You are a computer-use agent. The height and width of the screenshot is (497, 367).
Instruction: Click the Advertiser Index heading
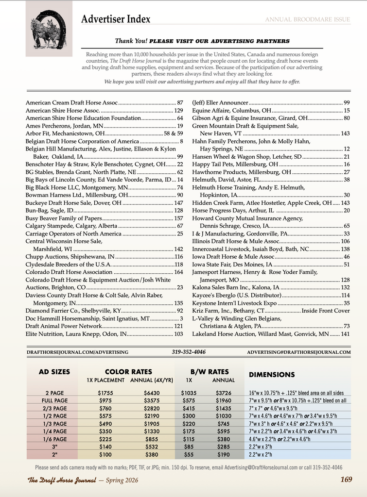[x=116, y=19]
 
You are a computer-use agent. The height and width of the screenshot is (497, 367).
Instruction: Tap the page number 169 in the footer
[x=346, y=480]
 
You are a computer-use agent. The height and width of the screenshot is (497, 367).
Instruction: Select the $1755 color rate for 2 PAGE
[x=105, y=393]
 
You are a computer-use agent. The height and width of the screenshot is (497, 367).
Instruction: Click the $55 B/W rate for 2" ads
[x=188, y=454]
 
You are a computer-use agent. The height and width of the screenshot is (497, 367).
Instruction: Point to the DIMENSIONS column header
[x=272, y=375]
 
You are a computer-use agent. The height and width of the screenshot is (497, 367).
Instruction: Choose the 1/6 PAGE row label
[x=54, y=439]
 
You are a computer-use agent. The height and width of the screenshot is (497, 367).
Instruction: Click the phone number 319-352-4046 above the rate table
[x=189, y=351]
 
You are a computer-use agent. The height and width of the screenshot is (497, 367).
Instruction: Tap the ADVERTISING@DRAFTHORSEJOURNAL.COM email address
[x=298, y=351]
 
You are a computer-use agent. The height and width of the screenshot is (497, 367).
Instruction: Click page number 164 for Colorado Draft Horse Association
[x=178, y=272]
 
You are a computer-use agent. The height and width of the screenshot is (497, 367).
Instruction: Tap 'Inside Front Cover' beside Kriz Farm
[x=325, y=311]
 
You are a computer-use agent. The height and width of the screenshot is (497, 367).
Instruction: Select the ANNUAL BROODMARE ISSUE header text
[x=307, y=19]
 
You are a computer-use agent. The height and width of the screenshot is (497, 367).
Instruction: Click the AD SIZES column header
[x=54, y=372]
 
